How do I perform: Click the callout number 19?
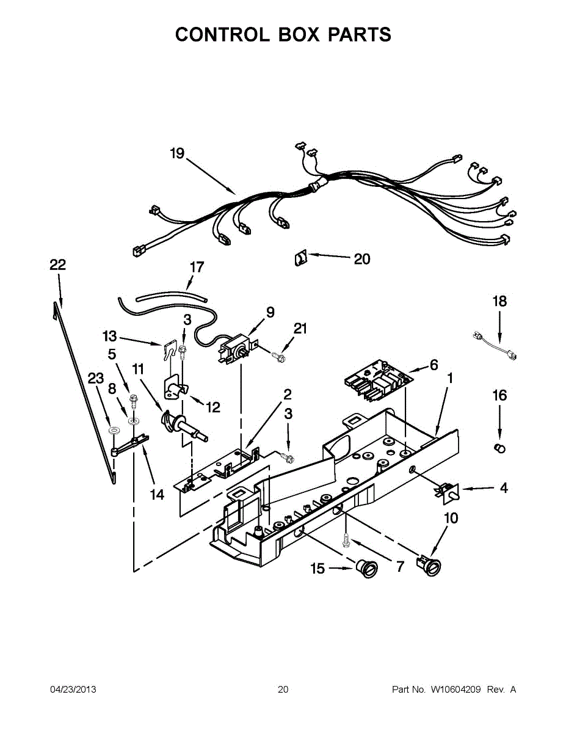[x=176, y=153]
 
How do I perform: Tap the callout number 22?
[x=57, y=264]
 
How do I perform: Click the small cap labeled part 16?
[x=499, y=449]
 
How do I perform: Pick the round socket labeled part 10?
[x=429, y=566]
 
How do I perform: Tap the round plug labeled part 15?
[x=367, y=568]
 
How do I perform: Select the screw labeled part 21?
[x=278, y=356]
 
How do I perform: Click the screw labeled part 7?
[x=346, y=539]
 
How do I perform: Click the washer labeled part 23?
[x=112, y=431]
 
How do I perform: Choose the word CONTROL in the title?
[x=221, y=34]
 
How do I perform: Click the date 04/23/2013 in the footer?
[x=73, y=690]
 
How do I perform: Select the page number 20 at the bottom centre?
[x=283, y=690]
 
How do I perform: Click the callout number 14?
[x=157, y=494]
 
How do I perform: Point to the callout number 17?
[x=197, y=267]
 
